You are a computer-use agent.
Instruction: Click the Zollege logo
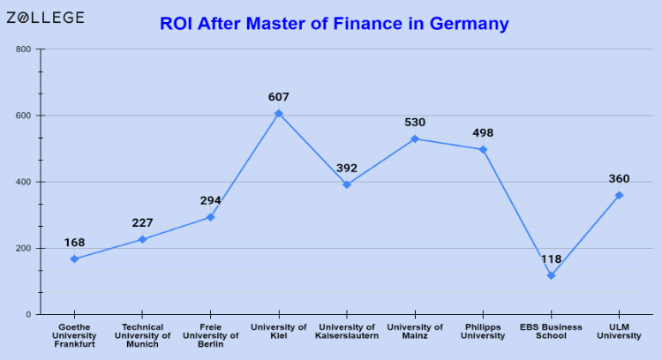45,18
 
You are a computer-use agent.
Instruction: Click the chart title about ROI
335,24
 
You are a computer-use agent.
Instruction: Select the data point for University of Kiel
279,113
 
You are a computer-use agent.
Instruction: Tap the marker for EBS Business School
551,275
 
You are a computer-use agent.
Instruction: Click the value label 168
74,242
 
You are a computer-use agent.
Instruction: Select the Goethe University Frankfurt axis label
74,335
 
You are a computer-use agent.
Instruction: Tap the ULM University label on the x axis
619,332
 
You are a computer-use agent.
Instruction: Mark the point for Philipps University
483,149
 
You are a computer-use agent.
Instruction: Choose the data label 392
347,168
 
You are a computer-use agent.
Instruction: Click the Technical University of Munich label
142,335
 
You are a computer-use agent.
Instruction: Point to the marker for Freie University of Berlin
210,217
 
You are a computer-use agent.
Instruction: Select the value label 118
551,259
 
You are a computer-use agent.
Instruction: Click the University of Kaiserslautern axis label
347,332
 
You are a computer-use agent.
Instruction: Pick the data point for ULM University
619,195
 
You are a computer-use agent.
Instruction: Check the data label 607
279,97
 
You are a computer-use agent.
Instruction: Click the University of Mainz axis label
415,332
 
